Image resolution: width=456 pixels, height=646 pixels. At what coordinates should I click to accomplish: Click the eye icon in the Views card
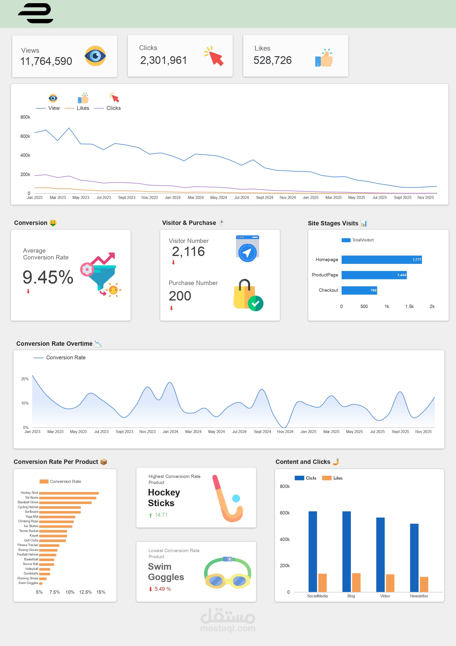click(x=95, y=56)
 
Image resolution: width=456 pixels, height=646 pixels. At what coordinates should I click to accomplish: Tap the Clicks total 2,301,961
click(x=163, y=60)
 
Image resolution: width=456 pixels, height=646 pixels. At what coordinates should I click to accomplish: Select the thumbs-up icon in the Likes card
click(x=324, y=58)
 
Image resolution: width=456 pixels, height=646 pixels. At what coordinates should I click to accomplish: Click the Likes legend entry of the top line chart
click(x=83, y=108)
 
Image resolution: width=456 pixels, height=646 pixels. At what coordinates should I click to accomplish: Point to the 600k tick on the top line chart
click(x=25, y=136)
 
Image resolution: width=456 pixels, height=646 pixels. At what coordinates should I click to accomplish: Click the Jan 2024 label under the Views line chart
click(x=172, y=197)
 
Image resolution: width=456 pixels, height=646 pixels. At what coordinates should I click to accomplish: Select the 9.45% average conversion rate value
click(x=48, y=277)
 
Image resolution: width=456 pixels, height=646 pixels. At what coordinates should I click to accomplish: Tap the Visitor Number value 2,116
click(x=188, y=252)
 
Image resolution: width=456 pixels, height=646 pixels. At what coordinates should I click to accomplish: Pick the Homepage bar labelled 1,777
click(x=381, y=260)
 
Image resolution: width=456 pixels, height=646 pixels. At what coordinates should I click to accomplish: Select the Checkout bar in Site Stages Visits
click(x=359, y=290)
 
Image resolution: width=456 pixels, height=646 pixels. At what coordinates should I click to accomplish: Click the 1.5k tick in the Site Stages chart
click(x=409, y=306)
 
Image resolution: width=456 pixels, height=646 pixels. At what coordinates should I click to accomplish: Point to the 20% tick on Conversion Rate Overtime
click(x=25, y=379)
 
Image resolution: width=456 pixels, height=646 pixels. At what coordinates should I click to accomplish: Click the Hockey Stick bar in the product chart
click(x=69, y=493)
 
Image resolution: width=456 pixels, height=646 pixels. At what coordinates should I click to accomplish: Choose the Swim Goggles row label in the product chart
click(x=28, y=583)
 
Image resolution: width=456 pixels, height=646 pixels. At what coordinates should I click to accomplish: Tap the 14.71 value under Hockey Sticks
click(x=161, y=515)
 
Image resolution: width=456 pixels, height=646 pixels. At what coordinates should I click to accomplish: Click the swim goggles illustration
click(x=227, y=573)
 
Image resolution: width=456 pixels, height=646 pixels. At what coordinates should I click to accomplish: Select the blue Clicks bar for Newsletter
click(x=414, y=558)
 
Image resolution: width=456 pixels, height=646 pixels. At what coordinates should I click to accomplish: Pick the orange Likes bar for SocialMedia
click(x=322, y=583)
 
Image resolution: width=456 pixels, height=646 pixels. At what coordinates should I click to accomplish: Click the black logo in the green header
click(x=36, y=13)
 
